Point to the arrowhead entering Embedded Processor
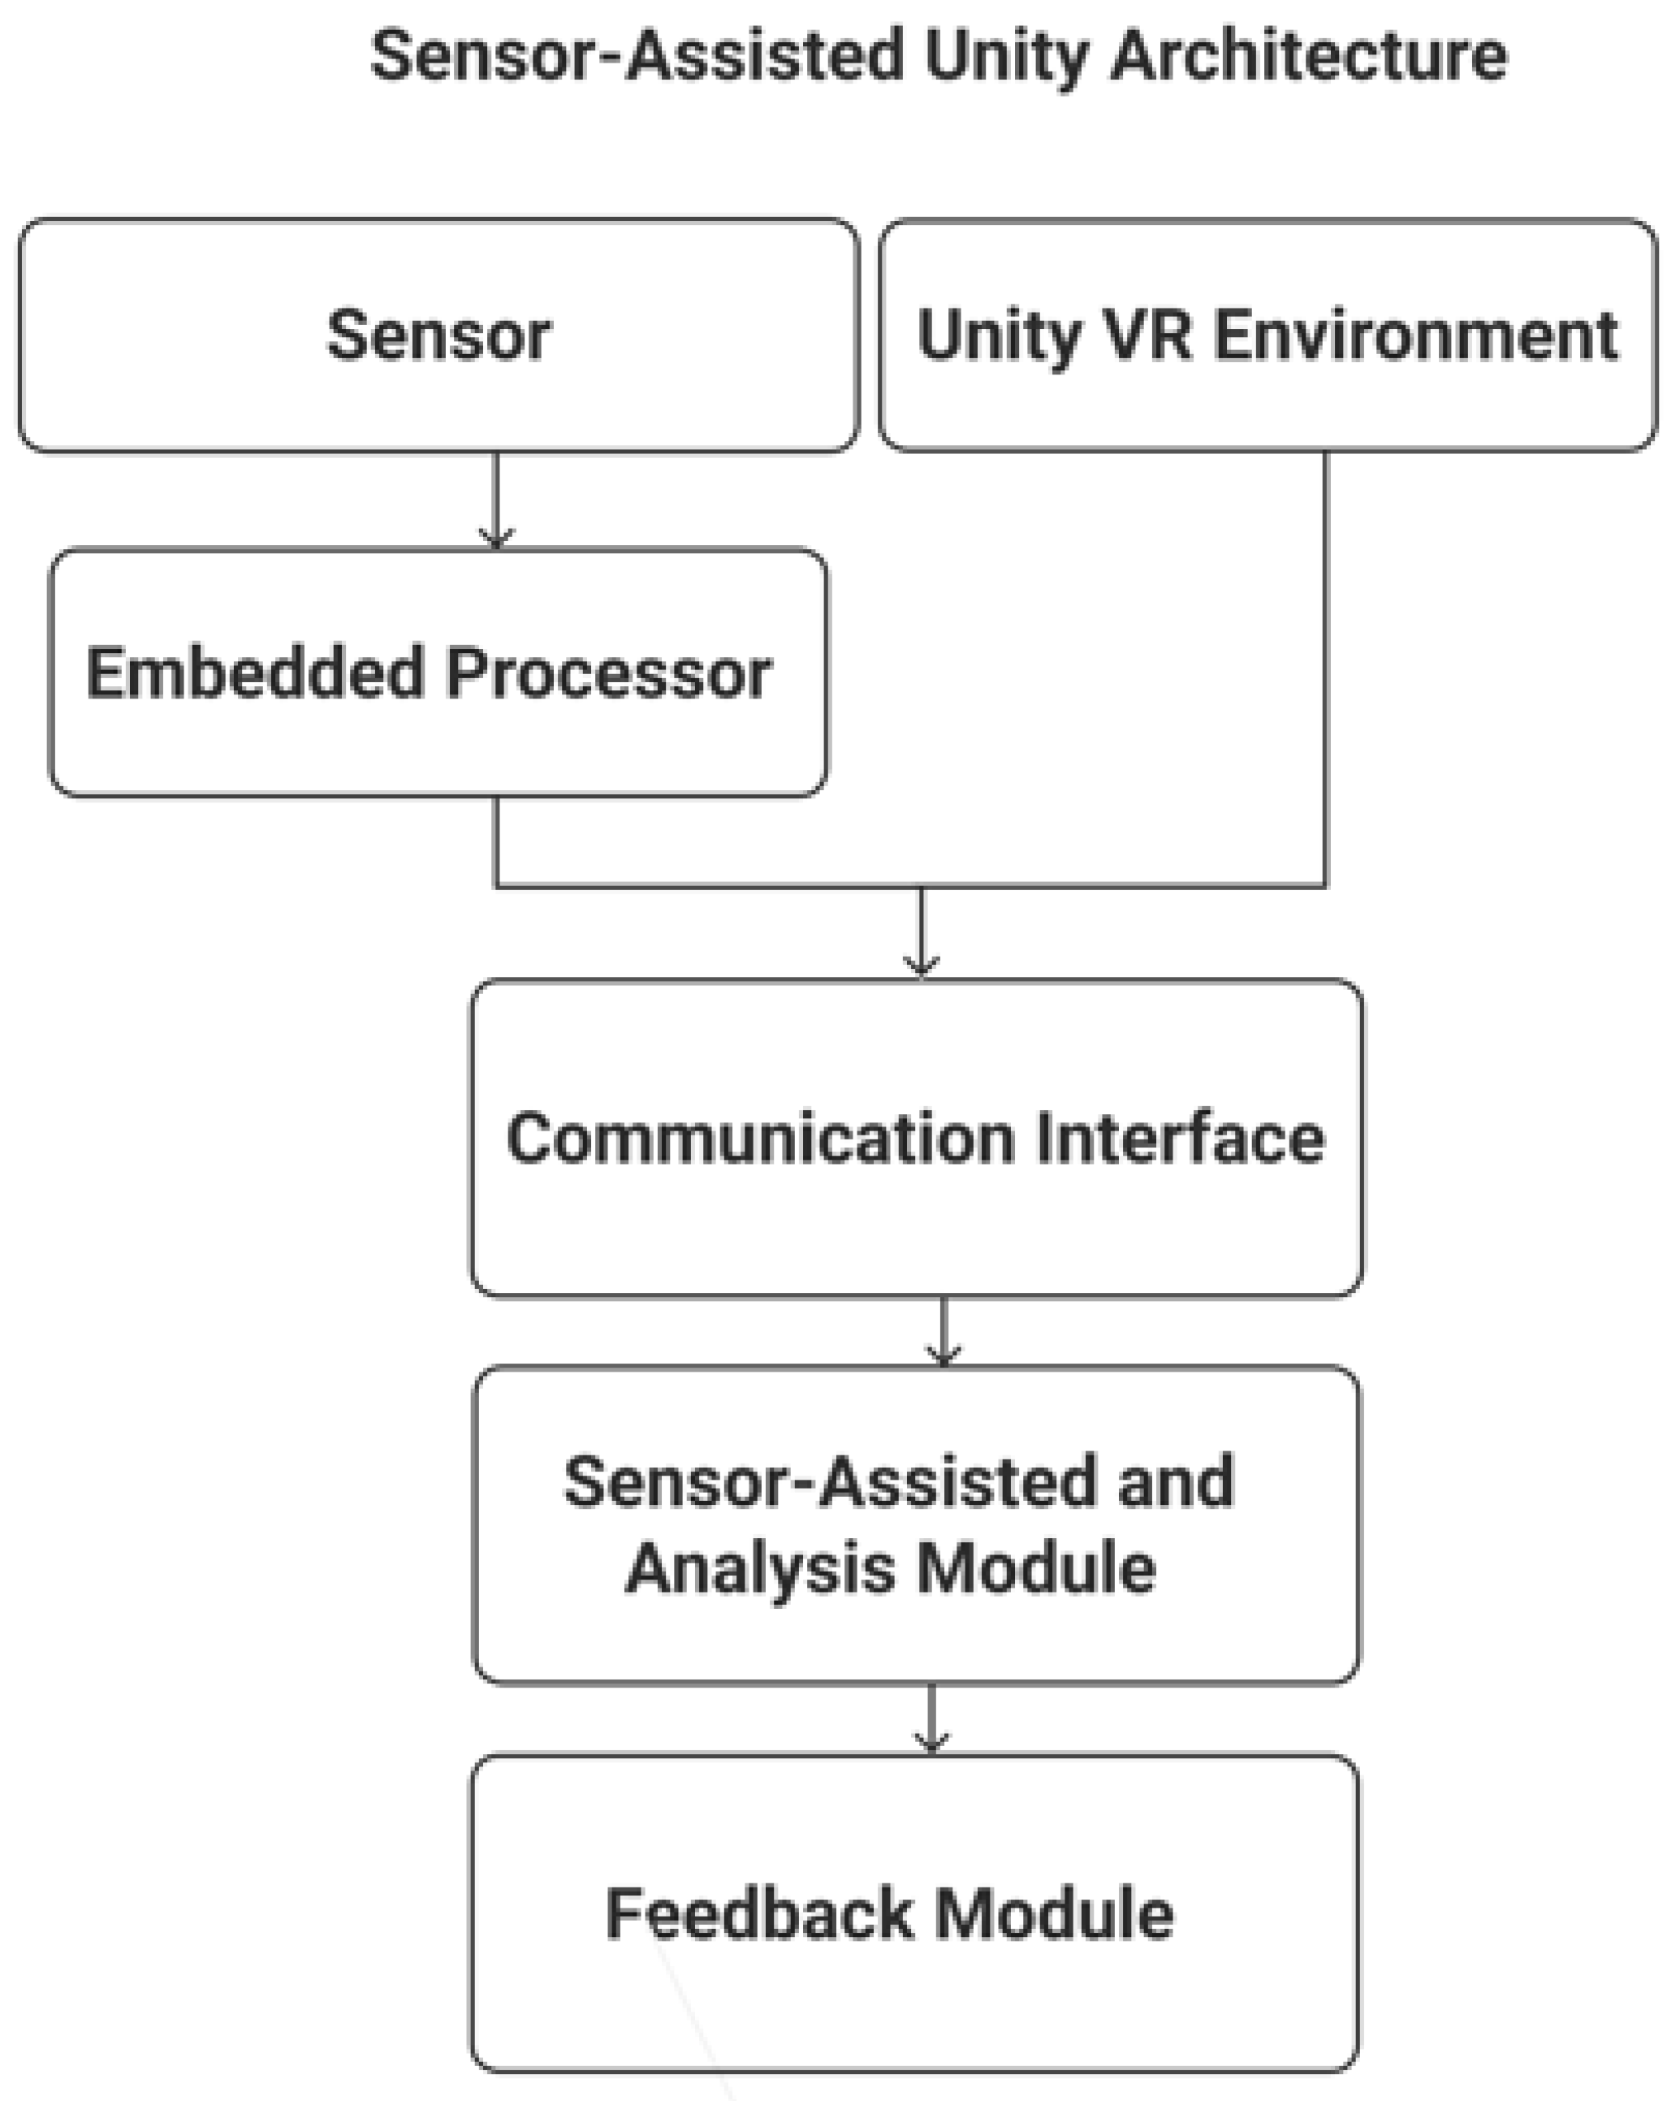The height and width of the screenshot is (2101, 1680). tap(496, 538)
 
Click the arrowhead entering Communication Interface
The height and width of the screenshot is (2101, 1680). tap(921, 965)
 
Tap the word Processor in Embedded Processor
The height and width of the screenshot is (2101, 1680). tap(609, 673)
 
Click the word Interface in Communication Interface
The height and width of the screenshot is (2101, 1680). tap(1179, 1137)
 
